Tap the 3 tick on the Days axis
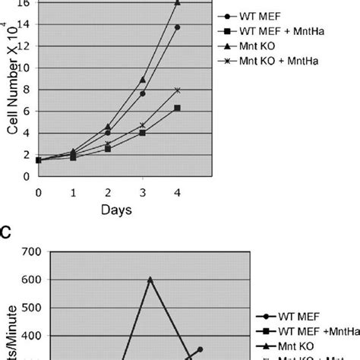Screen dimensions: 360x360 click(x=142, y=191)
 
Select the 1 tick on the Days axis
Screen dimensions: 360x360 click(x=73, y=191)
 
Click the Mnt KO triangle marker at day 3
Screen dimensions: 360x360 click(x=142, y=80)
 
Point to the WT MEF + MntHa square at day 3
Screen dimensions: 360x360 click(x=142, y=133)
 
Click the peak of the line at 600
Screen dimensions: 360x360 click(x=150, y=279)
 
